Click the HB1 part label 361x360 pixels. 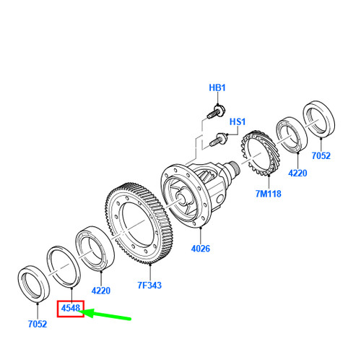[x=217, y=87]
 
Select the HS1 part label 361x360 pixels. [x=238, y=121]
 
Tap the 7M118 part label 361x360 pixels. [x=268, y=194]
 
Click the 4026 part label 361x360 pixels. [x=201, y=249]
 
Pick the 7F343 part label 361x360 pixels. [x=149, y=286]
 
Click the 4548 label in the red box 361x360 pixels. [x=71, y=308]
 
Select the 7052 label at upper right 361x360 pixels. [x=321, y=155]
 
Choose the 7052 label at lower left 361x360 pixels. [x=38, y=324]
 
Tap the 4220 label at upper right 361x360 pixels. [x=297, y=173]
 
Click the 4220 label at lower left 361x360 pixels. [x=101, y=291]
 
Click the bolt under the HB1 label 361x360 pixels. [x=216, y=112]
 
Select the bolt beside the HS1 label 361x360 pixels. [x=218, y=140]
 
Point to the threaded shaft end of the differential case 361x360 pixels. [x=234, y=168]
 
